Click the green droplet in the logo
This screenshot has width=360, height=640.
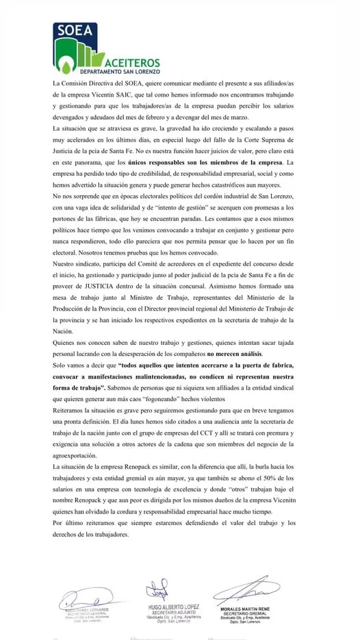[67, 64]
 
